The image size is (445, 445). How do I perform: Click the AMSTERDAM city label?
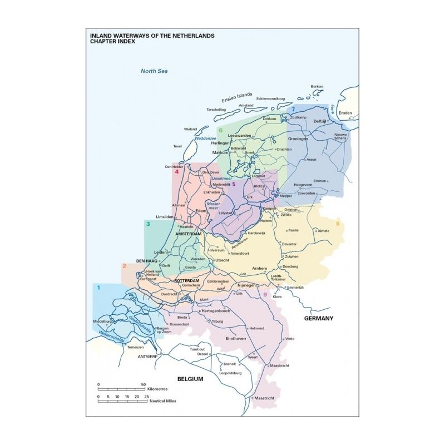point(188,234)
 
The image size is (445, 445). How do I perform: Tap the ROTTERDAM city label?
point(187,281)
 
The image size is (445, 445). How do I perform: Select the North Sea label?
point(154,71)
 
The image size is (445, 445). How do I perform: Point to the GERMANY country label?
point(318,318)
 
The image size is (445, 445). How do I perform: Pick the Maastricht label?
point(265,398)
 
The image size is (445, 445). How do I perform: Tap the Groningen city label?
point(298,139)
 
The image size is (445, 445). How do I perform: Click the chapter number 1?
point(98,288)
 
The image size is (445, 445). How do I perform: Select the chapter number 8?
point(337,224)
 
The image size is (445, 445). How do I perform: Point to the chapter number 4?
point(176,172)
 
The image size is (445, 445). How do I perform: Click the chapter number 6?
point(220,131)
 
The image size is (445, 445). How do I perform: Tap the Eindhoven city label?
point(236,338)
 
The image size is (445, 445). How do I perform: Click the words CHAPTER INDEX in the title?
point(112,42)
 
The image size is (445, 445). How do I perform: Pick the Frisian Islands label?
point(237,97)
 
